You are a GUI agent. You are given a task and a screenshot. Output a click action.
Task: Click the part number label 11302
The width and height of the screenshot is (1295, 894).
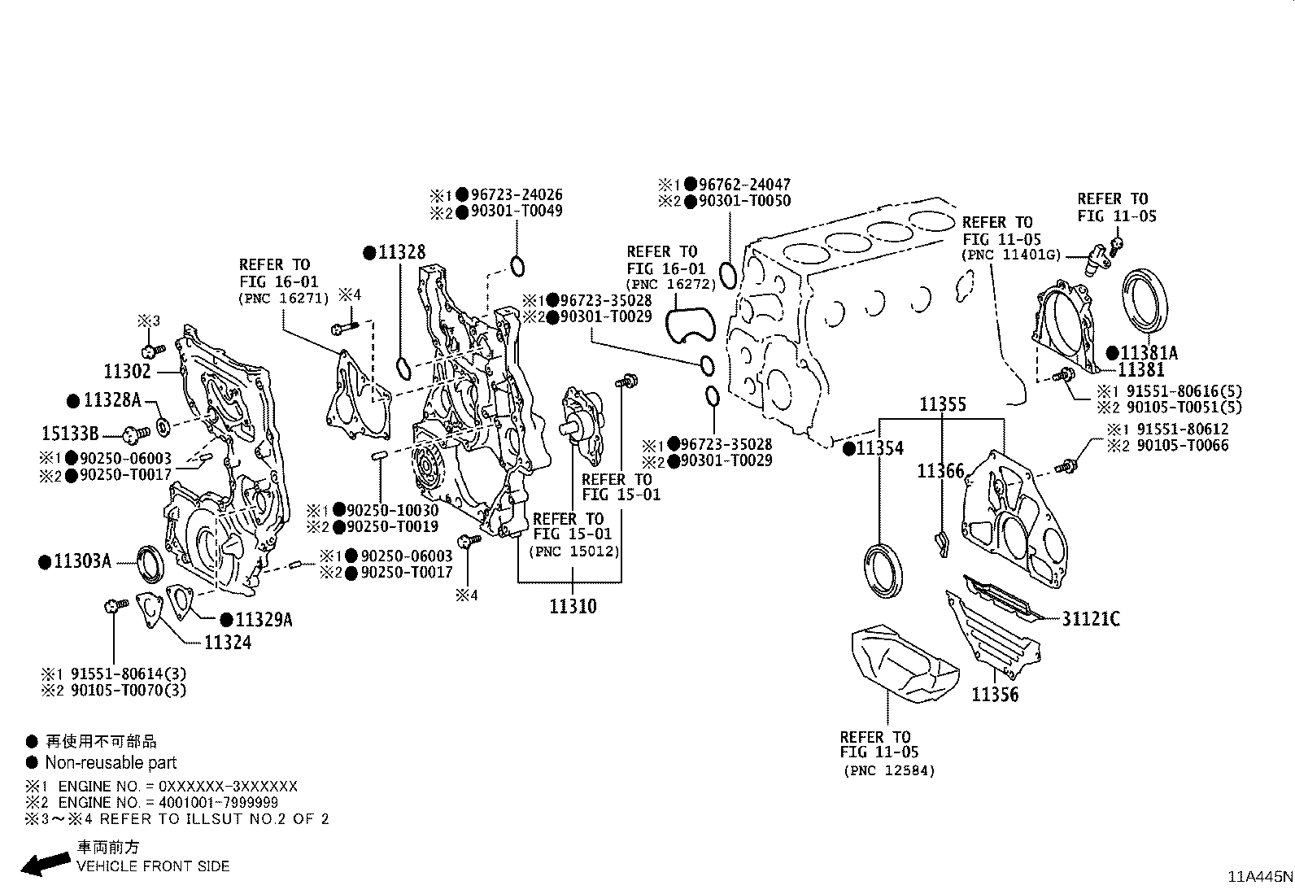tap(128, 372)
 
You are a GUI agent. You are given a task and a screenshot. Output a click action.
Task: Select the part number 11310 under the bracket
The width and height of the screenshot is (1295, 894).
tap(572, 607)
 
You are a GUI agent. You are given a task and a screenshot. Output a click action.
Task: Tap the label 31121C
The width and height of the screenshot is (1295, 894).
tap(1090, 619)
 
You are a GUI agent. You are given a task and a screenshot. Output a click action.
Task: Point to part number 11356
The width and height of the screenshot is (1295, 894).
tap(994, 695)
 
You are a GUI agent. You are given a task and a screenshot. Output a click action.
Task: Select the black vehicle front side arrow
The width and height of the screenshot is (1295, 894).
tap(44, 863)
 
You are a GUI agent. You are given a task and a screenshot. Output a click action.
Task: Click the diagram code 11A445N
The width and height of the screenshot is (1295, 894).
tap(1259, 877)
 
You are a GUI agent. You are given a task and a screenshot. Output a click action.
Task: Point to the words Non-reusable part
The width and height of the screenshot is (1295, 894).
tap(111, 763)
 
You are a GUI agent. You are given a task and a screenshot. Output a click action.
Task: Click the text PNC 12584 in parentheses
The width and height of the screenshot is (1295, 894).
tap(889, 770)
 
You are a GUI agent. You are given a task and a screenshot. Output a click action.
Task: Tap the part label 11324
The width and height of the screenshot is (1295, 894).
tap(227, 643)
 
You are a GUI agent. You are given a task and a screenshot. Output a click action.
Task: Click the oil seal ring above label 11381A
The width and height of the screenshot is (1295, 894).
tap(1146, 301)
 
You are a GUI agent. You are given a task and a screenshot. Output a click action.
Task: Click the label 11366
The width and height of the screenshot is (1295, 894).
tap(940, 471)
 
